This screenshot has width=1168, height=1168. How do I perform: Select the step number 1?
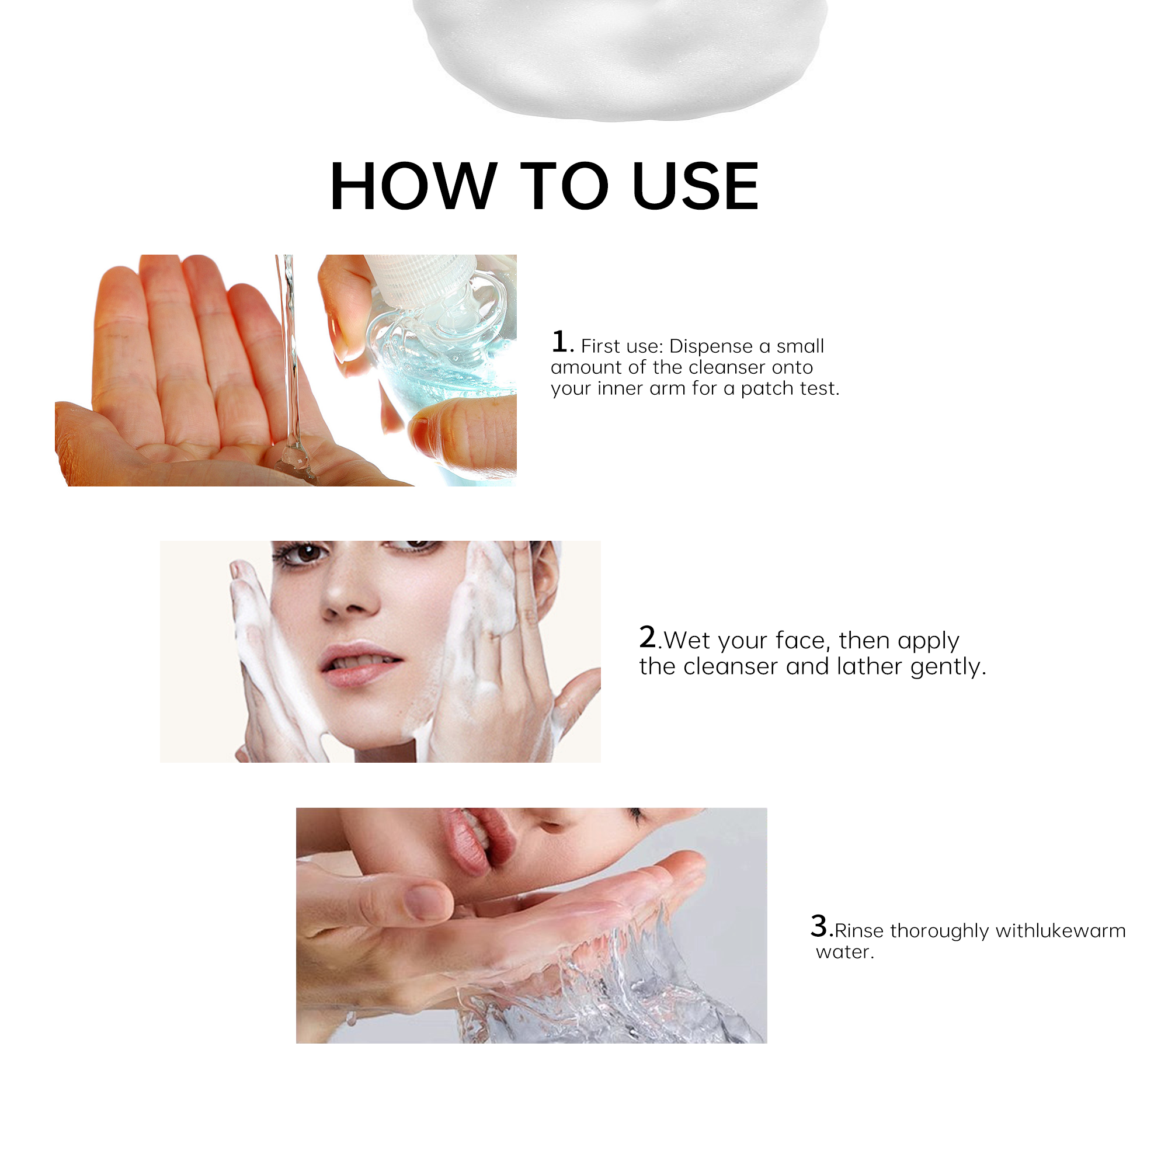pos(559,342)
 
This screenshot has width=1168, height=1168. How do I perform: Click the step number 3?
pos(819,926)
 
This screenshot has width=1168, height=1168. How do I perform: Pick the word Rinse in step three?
pos(858,930)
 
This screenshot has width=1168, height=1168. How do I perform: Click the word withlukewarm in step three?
pos(1061,930)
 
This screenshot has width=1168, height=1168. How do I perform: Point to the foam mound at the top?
pos(620,57)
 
